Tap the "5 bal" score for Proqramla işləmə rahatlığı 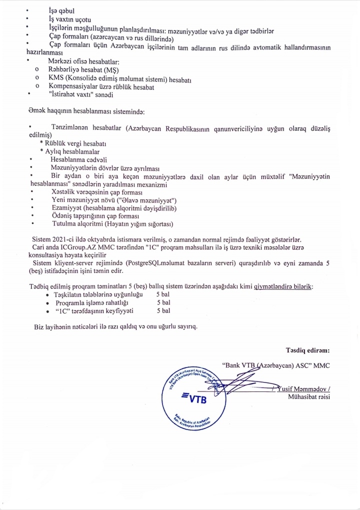point(164,302)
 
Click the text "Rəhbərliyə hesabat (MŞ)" point(83,70)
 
